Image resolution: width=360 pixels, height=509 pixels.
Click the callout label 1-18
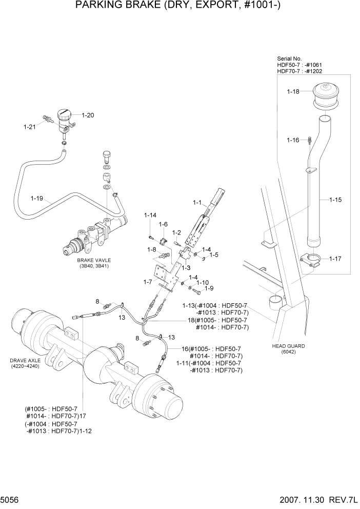(293, 92)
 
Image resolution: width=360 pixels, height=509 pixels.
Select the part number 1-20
(88, 115)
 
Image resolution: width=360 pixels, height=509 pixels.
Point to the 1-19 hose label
(37, 197)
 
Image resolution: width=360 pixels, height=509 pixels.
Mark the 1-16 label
(293, 140)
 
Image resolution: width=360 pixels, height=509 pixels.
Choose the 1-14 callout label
(150, 215)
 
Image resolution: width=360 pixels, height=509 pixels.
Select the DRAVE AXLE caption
(24, 360)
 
